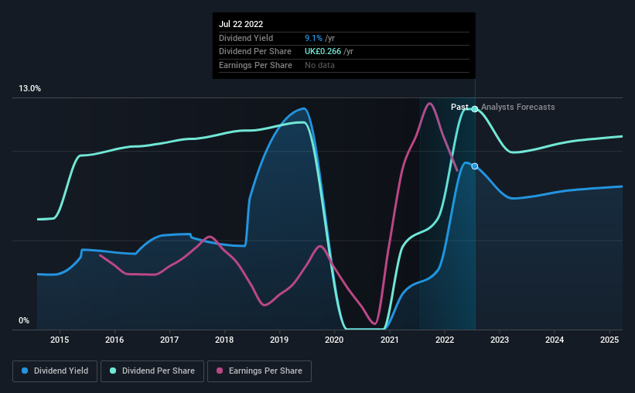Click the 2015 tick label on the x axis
[60, 340]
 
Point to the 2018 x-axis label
[224, 340]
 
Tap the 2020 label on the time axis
[334, 340]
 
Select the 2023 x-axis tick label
[500, 340]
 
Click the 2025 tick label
[609, 340]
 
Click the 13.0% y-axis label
[30, 89]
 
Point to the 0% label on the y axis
[24, 321]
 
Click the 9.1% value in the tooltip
[313, 38]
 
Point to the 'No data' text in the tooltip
[319, 66]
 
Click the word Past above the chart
[459, 108]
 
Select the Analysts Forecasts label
[517, 108]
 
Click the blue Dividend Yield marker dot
[475, 166]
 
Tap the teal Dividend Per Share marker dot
[475, 109]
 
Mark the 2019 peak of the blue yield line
[304, 108]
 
